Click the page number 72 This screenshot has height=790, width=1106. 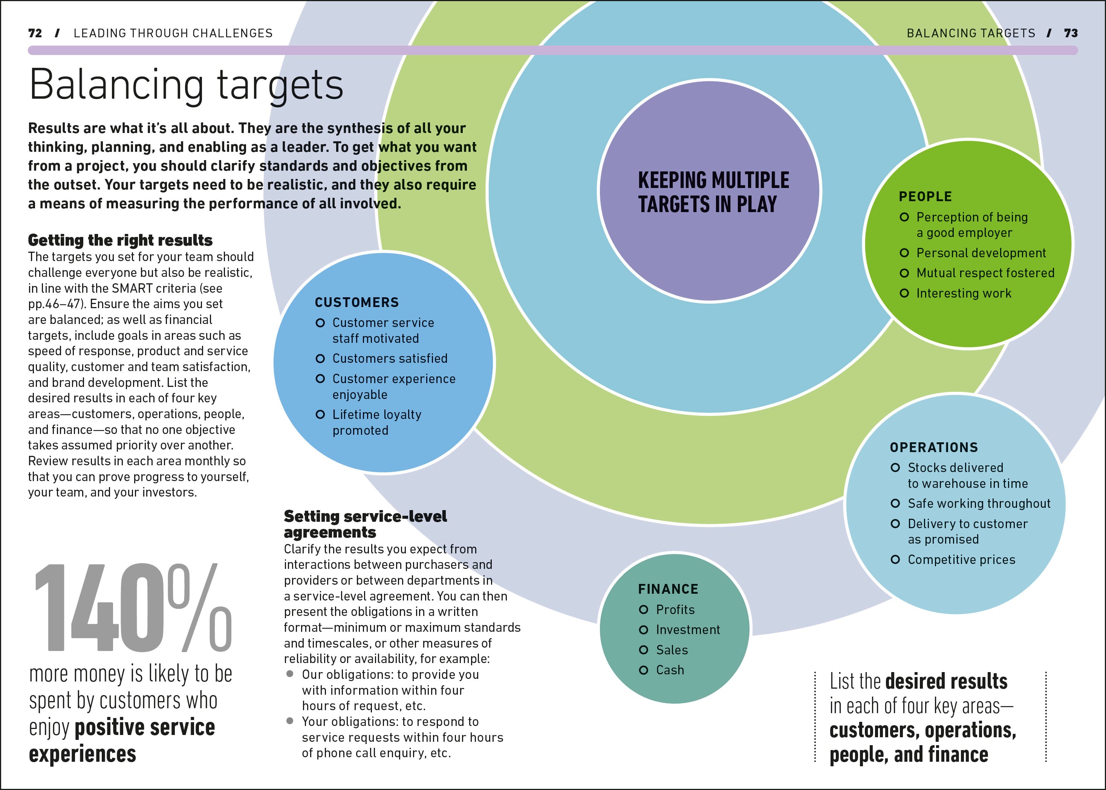[35, 33]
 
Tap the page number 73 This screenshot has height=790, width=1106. [1071, 33]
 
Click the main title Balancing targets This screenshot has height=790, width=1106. [187, 85]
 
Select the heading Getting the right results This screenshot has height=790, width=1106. [120, 240]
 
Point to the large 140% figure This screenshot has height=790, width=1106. [132, 608]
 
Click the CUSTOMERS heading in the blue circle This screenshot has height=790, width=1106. [356, 303]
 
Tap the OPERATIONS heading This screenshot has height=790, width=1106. [934, 448]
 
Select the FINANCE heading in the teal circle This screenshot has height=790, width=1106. [668, 589]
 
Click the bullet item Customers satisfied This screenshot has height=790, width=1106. [390, 359]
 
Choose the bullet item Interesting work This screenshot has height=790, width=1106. [964, 293]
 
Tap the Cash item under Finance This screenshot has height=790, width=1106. [670, 670]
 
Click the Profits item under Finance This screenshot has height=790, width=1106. [675, 610]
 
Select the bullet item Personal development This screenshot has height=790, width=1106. [981, 253]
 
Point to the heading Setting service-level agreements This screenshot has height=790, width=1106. [365, 524]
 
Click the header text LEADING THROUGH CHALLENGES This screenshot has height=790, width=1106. [173, 33]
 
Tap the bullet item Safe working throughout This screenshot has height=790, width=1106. [979, 503]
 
